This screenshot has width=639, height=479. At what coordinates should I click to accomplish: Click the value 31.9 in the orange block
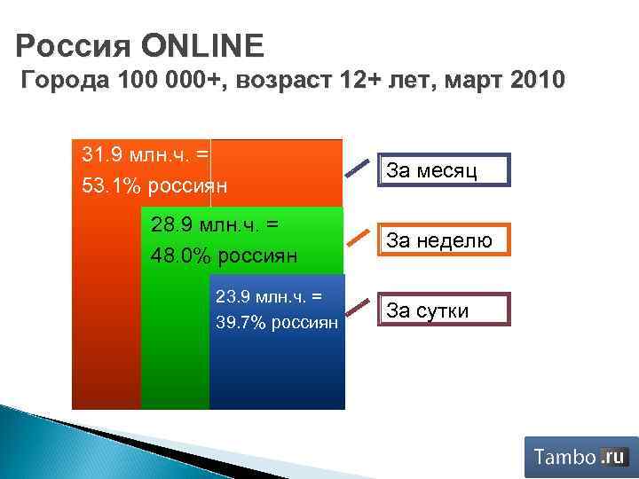99,154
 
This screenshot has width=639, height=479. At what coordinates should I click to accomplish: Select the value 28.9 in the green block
170,225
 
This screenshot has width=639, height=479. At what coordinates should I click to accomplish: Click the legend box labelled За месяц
445,169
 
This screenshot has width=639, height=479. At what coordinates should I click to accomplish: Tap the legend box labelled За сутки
445,309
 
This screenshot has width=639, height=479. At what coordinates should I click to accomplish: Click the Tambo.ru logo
580,457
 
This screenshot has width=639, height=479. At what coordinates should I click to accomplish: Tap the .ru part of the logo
613,457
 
